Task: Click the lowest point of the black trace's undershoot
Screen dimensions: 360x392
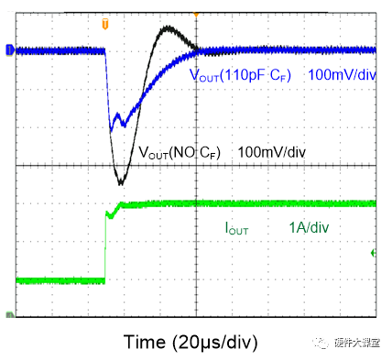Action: click(x=121, y=181)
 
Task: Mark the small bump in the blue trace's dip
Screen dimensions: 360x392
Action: click(x=118, y=117)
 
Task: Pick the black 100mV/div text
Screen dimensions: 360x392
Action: click(x=271, y=152)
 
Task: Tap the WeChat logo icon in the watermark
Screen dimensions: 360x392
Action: click(x=321, y=342)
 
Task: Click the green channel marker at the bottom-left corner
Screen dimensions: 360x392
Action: click(x=9, y=316)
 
